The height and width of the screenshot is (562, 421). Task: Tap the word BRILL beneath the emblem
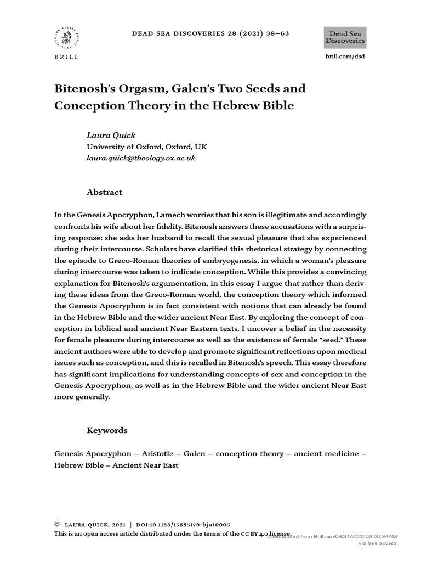67,57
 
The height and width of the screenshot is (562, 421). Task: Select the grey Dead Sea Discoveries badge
345,37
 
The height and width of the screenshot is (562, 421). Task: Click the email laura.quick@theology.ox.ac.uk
141,158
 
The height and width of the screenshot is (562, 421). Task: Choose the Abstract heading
105,192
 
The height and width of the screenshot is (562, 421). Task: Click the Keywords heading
107,430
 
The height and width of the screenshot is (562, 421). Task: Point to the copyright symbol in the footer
57,525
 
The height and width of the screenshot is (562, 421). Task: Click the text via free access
377,543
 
